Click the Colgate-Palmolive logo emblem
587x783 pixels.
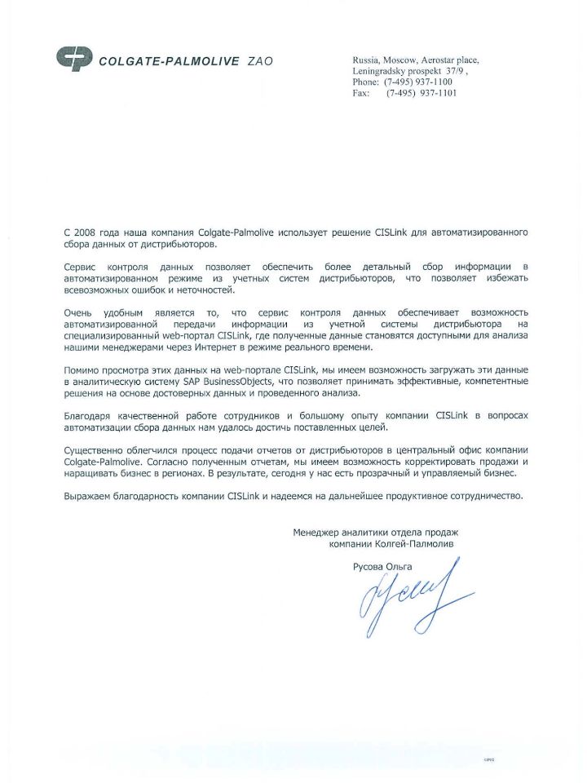click(x=74, y=59)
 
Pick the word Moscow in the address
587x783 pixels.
click(x=398, y=60)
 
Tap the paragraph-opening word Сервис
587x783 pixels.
click(x=82, y=267)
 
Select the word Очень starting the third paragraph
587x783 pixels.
click(x=80, y=313)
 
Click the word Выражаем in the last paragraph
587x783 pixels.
click(x=88, y=496)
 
